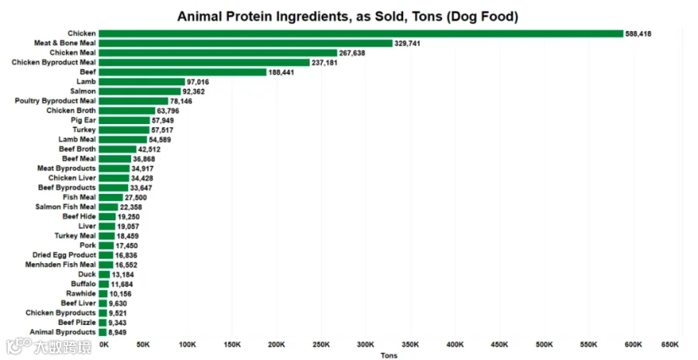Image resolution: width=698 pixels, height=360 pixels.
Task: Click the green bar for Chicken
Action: [361, 34]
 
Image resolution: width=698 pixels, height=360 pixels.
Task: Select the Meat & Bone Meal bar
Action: [246, 43]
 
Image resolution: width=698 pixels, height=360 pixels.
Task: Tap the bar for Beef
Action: [182, 72]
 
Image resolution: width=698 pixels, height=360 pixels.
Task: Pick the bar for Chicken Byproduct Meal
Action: [204, 62]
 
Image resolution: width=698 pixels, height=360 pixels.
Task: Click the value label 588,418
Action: [638, 34]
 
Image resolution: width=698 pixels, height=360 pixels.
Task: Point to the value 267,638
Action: [352, 53]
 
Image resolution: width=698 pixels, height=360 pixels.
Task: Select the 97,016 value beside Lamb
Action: [198, 82]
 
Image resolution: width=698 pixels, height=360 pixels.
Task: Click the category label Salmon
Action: [83, 92]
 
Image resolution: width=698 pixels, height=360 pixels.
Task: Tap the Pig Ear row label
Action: [83, 120]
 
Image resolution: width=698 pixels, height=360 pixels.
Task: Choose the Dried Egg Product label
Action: [64, 254]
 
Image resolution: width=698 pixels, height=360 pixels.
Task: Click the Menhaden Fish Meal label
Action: [60, 265]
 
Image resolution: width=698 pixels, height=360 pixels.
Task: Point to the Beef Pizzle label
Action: [77, 322]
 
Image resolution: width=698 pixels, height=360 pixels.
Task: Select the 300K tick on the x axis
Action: [365, 344]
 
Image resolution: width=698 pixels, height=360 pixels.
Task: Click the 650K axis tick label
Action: [670, 344]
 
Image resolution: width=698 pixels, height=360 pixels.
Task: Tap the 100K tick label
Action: [188, 344]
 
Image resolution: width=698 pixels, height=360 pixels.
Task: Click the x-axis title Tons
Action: [389, 355]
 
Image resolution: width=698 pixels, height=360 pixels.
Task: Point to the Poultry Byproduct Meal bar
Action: [133, 101]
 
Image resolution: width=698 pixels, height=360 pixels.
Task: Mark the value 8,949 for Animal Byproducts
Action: [118, 332]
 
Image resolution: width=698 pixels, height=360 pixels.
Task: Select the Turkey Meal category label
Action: [75, 236]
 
